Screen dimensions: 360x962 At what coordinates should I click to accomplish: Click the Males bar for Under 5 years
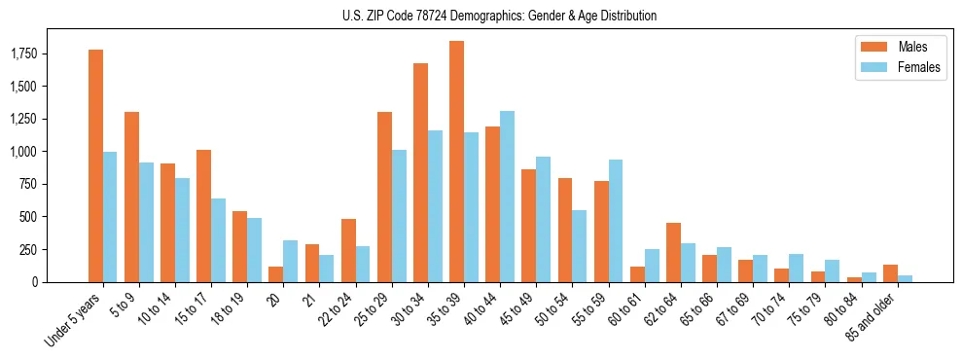[95, 165]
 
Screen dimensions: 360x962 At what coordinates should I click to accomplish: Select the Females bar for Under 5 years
[110, 217]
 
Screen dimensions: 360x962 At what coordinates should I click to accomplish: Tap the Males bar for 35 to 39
[456, 162]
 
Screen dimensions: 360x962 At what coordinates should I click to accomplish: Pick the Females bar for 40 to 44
[507, 197]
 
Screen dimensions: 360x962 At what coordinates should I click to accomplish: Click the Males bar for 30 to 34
[420, 172]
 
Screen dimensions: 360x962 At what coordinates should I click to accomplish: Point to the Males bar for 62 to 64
[673, 253]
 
